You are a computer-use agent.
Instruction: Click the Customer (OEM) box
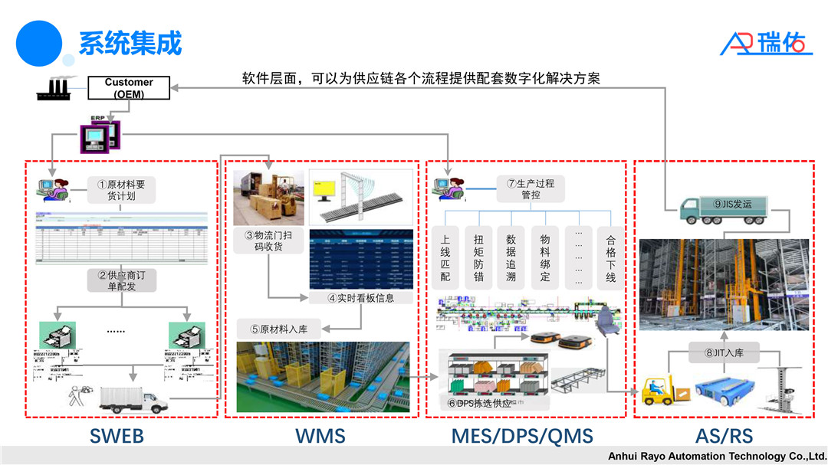tap(129, 88)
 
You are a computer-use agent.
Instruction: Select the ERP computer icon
tap(100, 136)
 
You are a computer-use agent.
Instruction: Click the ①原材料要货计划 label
tap(121, 189)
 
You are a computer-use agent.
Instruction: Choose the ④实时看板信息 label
tap(360, 298)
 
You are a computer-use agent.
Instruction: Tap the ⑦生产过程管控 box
tap(530, 189)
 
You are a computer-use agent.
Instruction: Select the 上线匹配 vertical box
tap(445, 257)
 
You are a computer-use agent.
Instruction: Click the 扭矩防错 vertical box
tap(478, 257)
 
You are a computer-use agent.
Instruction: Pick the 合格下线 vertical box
tap(611, 257)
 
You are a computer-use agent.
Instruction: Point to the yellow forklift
tap(660, 390)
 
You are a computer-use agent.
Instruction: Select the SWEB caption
tap(117, 436)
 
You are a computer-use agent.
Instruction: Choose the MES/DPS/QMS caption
tap(522, 436)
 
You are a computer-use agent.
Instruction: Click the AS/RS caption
tap(724, 436)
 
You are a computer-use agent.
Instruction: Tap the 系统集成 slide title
tap(130, 43)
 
